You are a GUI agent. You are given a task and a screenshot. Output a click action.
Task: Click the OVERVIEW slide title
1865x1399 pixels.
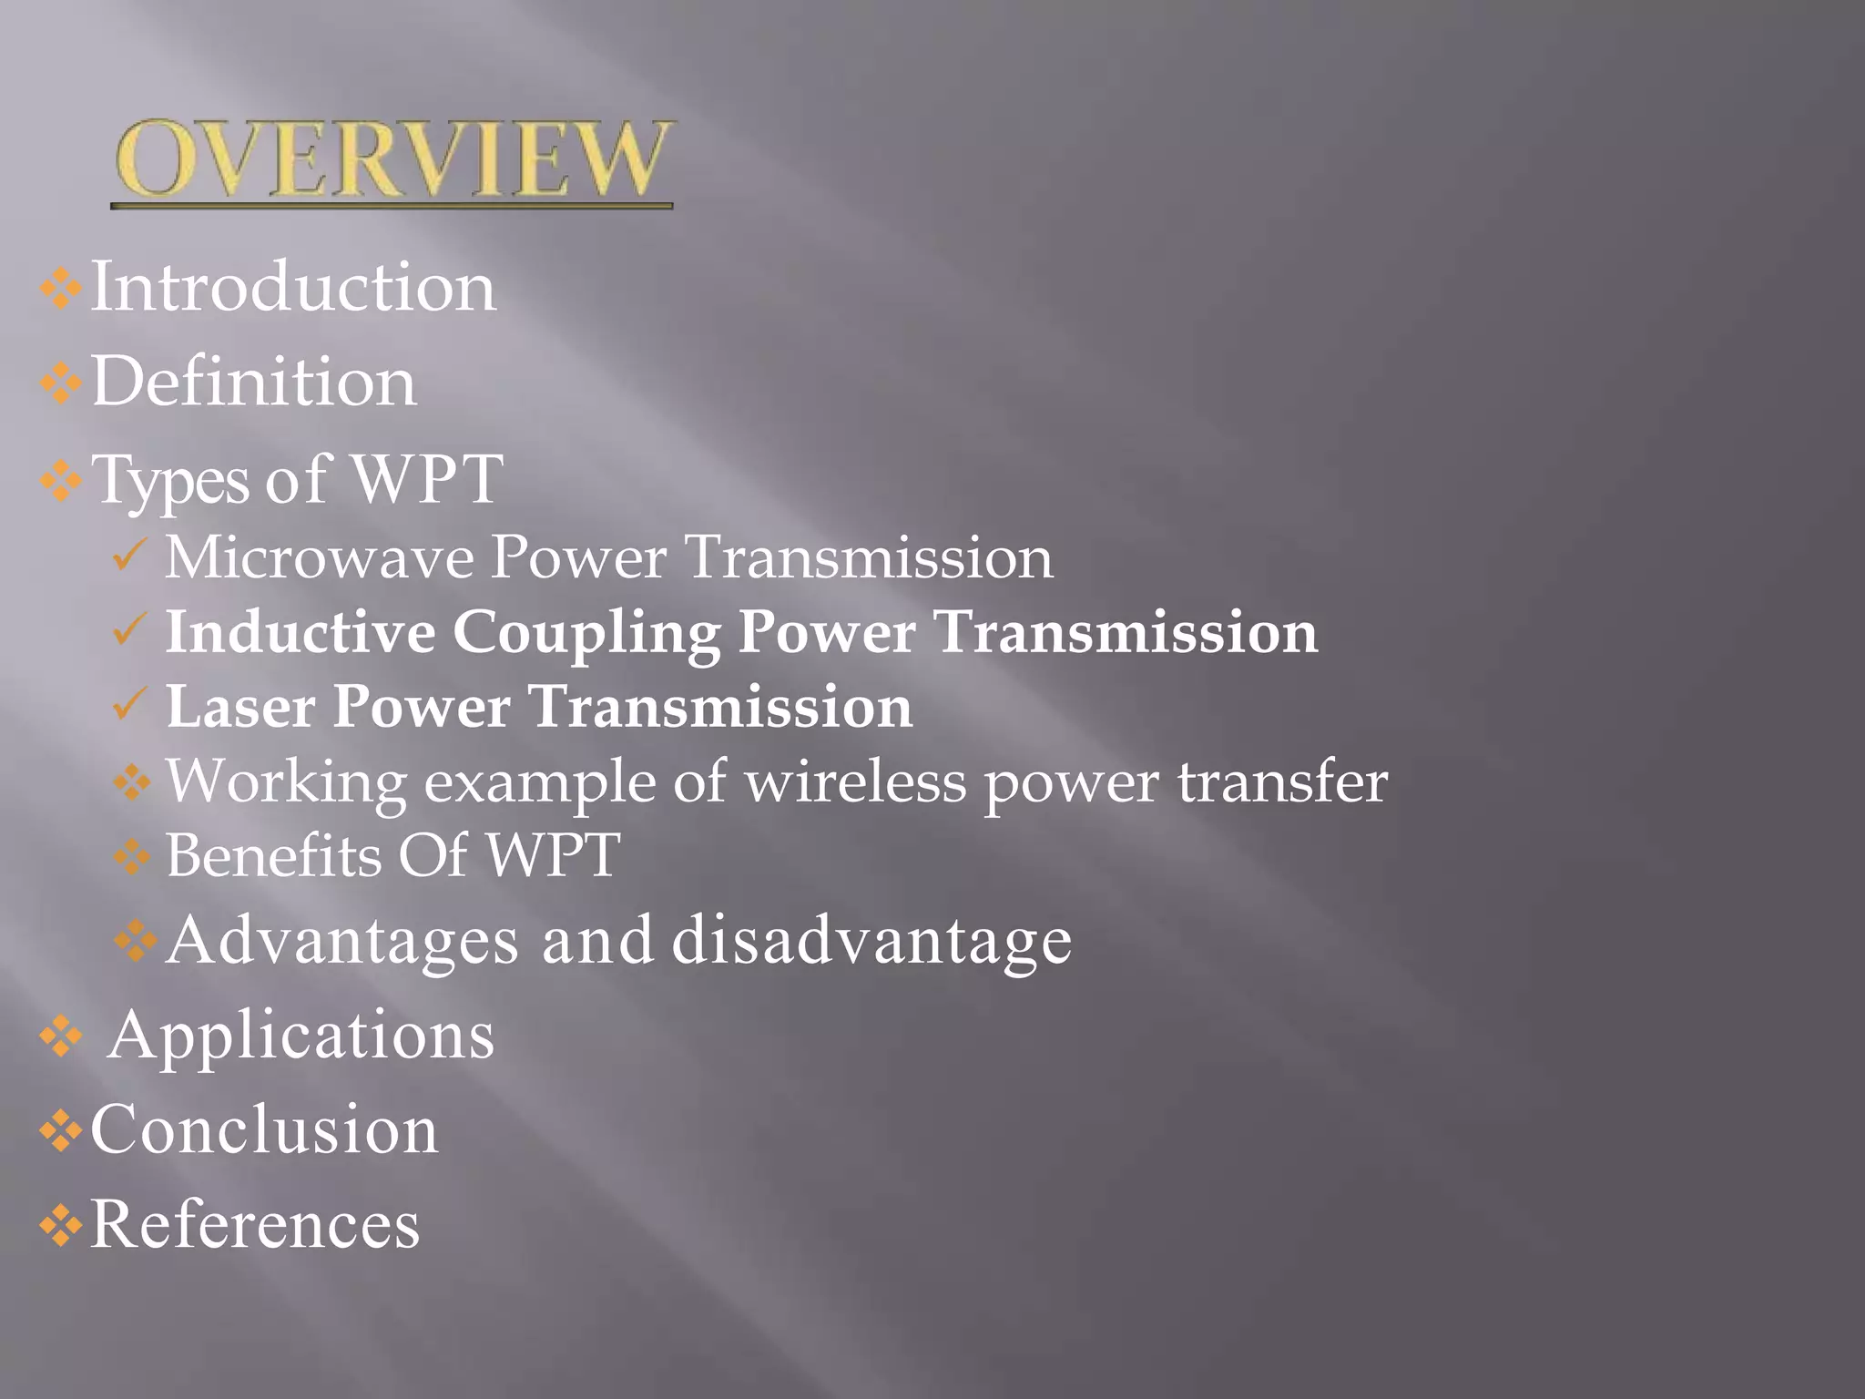coord(392,159)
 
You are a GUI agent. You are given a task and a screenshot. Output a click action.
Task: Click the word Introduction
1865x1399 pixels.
coord(293,287)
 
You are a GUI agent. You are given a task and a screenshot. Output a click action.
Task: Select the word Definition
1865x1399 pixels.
coord(254,382)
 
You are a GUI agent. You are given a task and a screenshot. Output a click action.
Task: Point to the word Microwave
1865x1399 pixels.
coord(318,557)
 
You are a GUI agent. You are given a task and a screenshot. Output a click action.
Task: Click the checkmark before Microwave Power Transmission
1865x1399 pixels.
coord(129,555)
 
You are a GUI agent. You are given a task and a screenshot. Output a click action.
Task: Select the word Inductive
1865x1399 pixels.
coord(301,631)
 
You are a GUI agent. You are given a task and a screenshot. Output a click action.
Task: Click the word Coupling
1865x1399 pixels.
coord(586,633)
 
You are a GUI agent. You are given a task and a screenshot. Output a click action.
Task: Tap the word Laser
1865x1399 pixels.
coord(240,707)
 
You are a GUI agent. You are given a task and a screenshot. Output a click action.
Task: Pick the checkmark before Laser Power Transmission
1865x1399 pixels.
coord(129,704)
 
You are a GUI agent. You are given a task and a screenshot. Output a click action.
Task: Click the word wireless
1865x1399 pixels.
coord(855,781)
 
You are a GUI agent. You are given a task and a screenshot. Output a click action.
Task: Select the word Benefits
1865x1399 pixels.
coord(273,856)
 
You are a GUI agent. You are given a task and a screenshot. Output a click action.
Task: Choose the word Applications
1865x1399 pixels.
coord(301,1036)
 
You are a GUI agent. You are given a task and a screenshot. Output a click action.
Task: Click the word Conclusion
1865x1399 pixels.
coord(264,1129)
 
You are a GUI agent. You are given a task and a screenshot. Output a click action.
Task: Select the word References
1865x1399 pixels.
coord(255,1224)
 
